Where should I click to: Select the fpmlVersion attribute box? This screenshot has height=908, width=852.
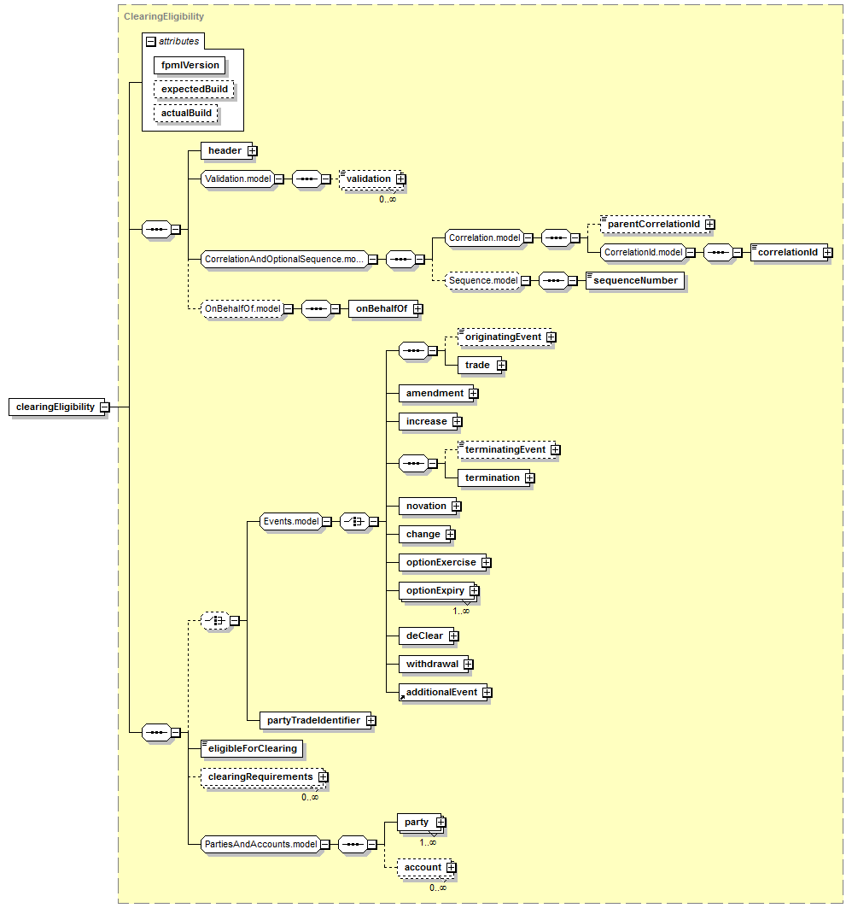point(190,66)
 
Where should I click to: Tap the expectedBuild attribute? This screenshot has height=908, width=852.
point(194,89)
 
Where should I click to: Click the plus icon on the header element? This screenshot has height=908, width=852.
point(253,150)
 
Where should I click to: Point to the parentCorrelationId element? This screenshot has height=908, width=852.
point(655,224)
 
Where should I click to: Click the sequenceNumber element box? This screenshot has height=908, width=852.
point(635,280)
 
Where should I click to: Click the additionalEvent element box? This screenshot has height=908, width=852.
point(443,692)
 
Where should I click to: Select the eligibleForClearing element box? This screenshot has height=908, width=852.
point(252,749)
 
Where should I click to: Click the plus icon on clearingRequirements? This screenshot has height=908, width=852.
point(323,776)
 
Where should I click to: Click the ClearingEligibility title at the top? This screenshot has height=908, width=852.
point(164,16)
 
